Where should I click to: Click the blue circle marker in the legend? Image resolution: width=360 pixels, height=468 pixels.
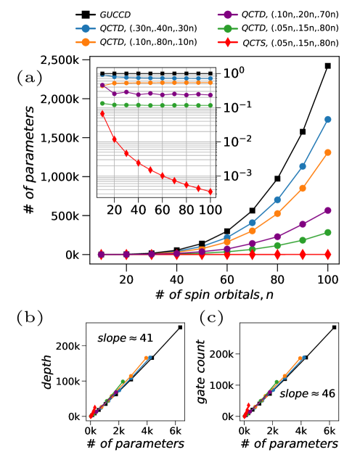pos(86,28)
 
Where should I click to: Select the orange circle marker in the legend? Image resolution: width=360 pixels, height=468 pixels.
pos(86,42)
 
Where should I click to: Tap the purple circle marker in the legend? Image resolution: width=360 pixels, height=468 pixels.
pos(227,15)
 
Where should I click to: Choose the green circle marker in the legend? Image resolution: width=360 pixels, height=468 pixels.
pos(227,29)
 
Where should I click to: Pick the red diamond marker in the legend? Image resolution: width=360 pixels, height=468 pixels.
pos(227,42)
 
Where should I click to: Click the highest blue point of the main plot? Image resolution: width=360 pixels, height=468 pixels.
pos(327,119)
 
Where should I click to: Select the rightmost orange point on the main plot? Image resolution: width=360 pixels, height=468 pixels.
pos(327,152)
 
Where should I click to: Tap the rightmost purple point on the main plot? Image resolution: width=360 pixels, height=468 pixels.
pos(327,210)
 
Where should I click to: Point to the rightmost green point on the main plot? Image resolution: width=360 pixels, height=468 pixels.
pos(327,232)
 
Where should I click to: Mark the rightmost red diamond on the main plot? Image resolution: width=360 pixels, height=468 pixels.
pos(327,254)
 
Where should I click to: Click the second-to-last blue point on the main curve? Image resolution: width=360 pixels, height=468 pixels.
pos(303,166)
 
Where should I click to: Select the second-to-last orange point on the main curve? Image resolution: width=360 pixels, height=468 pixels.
pos(303,188)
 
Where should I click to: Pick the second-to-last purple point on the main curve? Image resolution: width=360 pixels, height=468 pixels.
pos(303,224)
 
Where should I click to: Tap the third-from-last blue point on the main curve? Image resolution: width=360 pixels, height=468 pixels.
pos(277,200)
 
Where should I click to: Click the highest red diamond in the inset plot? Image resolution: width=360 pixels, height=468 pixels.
pos(102,113)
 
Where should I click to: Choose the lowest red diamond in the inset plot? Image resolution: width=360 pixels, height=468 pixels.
pos(210,192)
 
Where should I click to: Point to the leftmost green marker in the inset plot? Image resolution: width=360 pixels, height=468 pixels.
pos(102,103)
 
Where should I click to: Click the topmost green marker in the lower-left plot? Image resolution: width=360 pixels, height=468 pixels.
pos(123,382)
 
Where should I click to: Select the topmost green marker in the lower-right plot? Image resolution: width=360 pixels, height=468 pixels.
pos(276,382)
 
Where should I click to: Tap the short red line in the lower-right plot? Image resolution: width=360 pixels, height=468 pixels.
pos(247,409)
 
